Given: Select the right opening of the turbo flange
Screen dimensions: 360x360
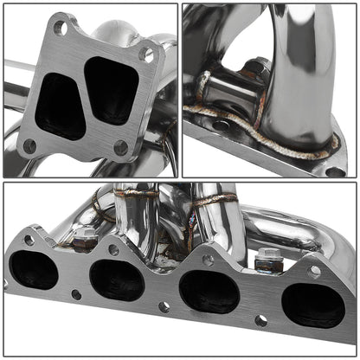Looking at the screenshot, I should pos(113,90).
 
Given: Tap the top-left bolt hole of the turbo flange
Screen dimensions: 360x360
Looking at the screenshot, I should pos(59,28).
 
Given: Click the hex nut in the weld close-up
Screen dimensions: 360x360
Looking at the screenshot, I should pos(258,67).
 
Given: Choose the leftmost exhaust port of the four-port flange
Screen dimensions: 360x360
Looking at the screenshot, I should pos(35,269).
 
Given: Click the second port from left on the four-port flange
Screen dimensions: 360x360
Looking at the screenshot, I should pos(116,280).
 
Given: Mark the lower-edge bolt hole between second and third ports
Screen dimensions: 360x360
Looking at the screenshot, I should pos(164,306).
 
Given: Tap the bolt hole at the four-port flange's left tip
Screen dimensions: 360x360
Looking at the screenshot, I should pos(29,240).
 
